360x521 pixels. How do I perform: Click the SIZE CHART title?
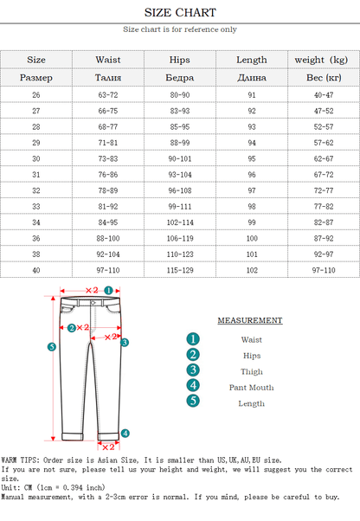tap(179, 13)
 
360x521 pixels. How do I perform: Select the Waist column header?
tap(108, 60)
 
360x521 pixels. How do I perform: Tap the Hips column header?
tap(180, 60)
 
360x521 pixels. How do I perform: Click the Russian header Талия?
tap(108, 78)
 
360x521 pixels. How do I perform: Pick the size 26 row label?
tap(36, 94)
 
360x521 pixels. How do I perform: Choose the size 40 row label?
tap(36, 270)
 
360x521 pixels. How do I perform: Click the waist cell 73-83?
tap(108, 158)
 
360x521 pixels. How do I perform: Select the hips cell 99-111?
tap(180, 206)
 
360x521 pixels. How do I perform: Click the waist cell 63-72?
tap(108, 94)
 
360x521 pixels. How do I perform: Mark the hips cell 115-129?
tap(180, 270)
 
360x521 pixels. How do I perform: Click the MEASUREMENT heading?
tap(249, 320)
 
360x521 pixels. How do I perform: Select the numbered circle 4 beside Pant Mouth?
tap(193, 386)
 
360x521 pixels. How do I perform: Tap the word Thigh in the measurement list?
tap(252, 371)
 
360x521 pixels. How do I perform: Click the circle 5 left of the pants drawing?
tap(51, 347)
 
